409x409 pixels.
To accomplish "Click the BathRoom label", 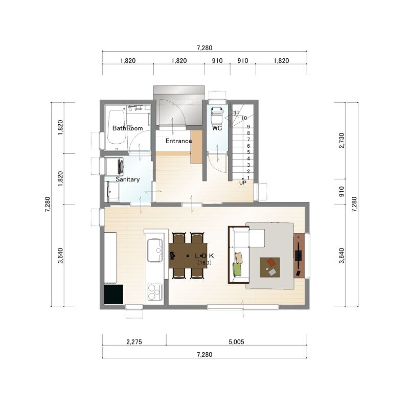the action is (127, 128).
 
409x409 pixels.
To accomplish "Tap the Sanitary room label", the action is (127, 179).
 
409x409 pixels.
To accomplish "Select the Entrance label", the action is (178, 141).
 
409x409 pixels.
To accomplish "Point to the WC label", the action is (217, 128).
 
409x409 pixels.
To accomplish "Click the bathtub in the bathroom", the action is (117, 127).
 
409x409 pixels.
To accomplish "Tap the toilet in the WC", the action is (217, 115).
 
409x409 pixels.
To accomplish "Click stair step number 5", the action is (248, 152).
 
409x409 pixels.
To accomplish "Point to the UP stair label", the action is (242, 183).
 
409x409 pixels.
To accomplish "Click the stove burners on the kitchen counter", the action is (155, 291).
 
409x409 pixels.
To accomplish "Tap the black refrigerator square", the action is (113, 294).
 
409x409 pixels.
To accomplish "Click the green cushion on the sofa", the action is (237, 269).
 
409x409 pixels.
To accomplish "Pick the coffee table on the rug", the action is (270, 267).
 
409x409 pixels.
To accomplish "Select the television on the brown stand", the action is (298, 255).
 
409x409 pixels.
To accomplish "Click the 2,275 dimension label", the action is (134, 342).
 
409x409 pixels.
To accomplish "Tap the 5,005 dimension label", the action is (236, 342).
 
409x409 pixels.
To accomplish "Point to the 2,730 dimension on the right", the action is (342, 140).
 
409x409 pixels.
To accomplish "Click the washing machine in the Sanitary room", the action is (114, 166).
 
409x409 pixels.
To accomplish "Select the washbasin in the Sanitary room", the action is (113, 191).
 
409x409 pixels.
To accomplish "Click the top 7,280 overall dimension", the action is (204, 48).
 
